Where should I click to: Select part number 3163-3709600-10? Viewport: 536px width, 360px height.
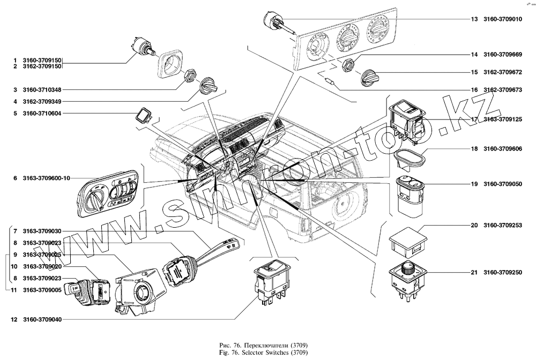pyautogui.click(x=47, y=178)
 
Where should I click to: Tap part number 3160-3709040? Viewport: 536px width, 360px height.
pyautogui.click(x=42, y=320)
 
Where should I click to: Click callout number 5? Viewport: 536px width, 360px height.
pyautogui.click(x=16, y=114)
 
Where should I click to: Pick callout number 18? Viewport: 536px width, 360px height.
pyautogui.click(x=474, y=148)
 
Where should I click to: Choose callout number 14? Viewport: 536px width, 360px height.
pyautogui.click(x=474, y=55)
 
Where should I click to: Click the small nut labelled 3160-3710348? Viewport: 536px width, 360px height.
pyautogui.click(x=189, y=76)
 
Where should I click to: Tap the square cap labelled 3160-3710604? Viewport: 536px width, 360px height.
pyautogui.click(x=144, y=115)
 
